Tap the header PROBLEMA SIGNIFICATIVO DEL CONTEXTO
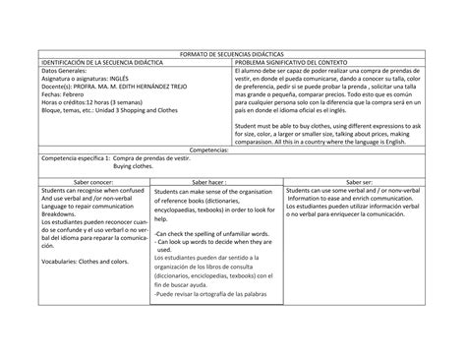point(298,62)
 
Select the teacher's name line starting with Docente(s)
point(107,89)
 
